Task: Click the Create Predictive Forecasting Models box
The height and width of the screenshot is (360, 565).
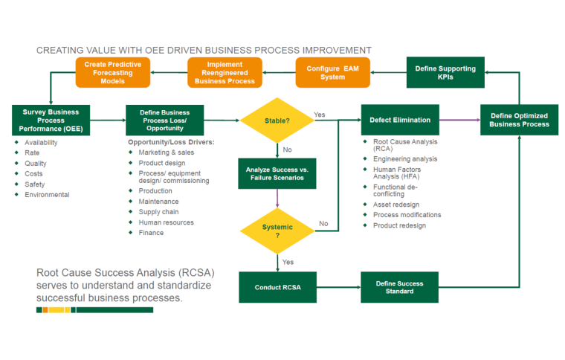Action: (113, 72)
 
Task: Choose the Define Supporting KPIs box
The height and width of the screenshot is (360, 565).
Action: (445, 72)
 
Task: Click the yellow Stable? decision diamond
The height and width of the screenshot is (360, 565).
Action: (277, 120)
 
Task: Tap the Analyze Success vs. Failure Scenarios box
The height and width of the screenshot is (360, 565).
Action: (277, 174)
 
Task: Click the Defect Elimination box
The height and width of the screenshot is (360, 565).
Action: (400, 120)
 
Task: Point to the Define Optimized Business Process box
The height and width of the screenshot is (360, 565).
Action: (519, 119)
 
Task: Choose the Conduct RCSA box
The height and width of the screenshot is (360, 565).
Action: (277, 287)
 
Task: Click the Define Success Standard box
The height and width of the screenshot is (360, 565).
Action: (399, 287)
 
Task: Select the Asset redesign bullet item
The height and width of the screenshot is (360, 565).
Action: (395, 205)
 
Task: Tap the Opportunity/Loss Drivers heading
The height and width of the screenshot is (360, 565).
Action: (170, 142)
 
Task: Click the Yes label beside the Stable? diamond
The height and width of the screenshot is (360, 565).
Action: (320, 115)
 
